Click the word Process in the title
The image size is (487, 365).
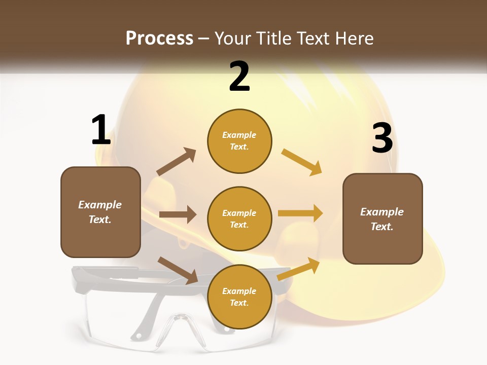click(159, 39)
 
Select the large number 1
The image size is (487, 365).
click(100, 130)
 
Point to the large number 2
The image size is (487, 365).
click(239, 77)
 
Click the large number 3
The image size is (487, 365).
click(382, 138)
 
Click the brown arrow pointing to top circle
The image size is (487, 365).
click(177, 162)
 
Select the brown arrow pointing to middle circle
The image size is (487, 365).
click(178, 214)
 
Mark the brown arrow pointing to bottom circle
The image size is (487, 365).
click(178, 270)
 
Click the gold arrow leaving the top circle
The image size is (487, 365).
click(301, 162)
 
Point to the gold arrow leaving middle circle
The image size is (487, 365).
click(300, 213)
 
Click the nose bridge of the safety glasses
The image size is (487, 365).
click(179, 320)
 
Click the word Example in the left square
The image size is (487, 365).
click(100, 205)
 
